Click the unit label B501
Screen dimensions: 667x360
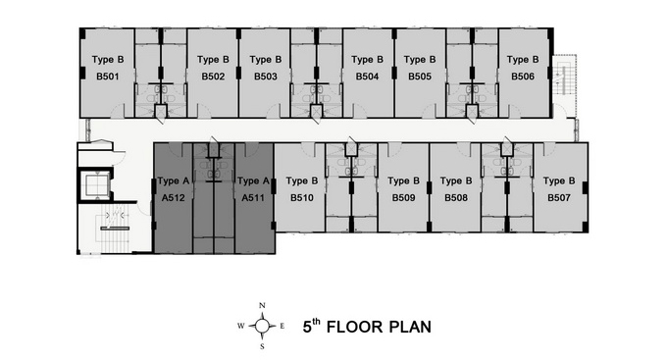click(108, 77)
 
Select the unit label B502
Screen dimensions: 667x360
click(213, 77)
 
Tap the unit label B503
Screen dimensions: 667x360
click(266, 77)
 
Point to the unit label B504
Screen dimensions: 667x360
click(367, 77)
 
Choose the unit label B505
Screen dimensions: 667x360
click(420, 77)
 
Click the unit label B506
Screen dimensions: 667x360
click(523, 77)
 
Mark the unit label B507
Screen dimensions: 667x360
click(559, 198)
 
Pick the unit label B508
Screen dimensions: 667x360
click(456, 198)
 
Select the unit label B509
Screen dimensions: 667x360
click(404, 198)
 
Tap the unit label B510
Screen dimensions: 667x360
click(302, 198)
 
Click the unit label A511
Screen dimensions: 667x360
click(253, 198)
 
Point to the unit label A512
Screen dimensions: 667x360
click(174, 198)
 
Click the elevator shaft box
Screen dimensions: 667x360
click(95, 185)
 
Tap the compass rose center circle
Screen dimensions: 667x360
click(262, 326)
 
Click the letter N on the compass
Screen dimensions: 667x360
click(262, 305)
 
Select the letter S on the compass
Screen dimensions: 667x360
click(262, 346)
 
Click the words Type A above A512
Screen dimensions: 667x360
click(174, 181)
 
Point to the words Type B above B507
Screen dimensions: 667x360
click(559, 181)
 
